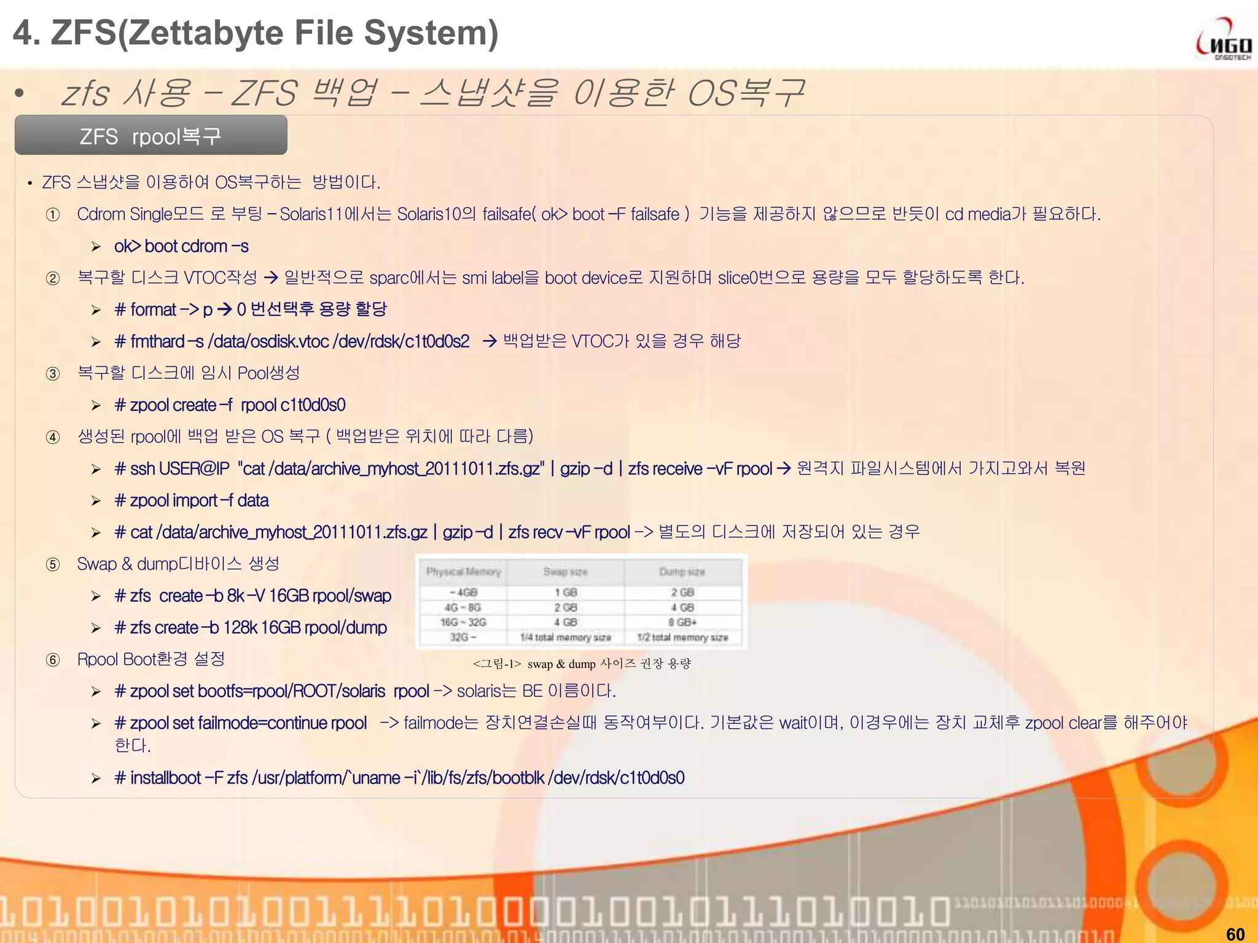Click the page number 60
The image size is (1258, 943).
point(1235,933)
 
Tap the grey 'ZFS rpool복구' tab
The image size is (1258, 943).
point(151,136)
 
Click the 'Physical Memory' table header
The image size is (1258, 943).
point(464,572)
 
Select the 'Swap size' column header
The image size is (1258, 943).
point(565,572)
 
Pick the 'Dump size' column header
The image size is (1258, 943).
point(682,572)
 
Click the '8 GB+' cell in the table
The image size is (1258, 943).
point(682,622)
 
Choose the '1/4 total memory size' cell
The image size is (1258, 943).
point(565,637)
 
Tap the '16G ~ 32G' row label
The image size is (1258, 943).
point(463,622)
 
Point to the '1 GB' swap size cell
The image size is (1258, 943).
point(565,592)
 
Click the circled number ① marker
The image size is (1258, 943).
point(53,215)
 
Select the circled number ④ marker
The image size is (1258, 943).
point(53,437)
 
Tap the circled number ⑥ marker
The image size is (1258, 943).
point(53,660)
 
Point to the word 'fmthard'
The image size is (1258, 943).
point(157,341)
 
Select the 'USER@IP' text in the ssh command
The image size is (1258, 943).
point(194,468)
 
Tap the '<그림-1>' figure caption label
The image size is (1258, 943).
point(497,664)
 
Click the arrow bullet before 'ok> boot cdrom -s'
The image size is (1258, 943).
point(96,247)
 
